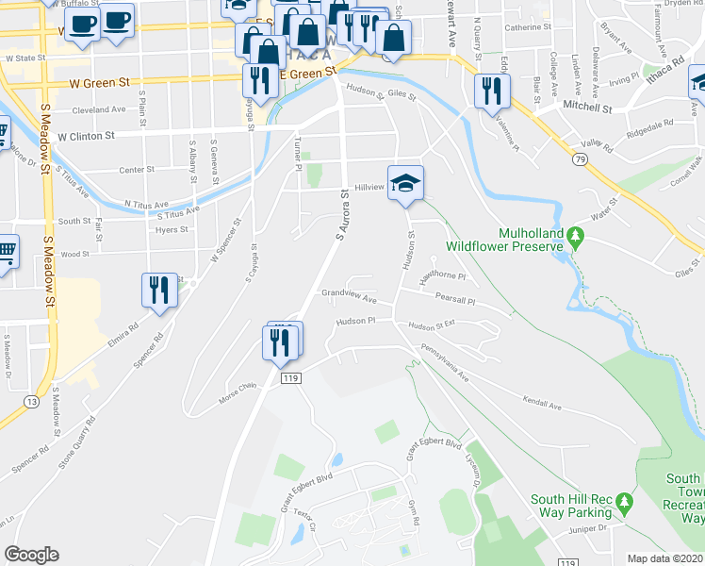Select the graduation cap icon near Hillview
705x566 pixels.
(405, 184)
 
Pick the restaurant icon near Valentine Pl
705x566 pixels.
(491, 92)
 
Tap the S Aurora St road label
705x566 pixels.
(343, 215)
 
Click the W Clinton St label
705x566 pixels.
(86, 136)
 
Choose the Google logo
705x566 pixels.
(32, 554)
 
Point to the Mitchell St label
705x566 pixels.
(588, 108)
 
